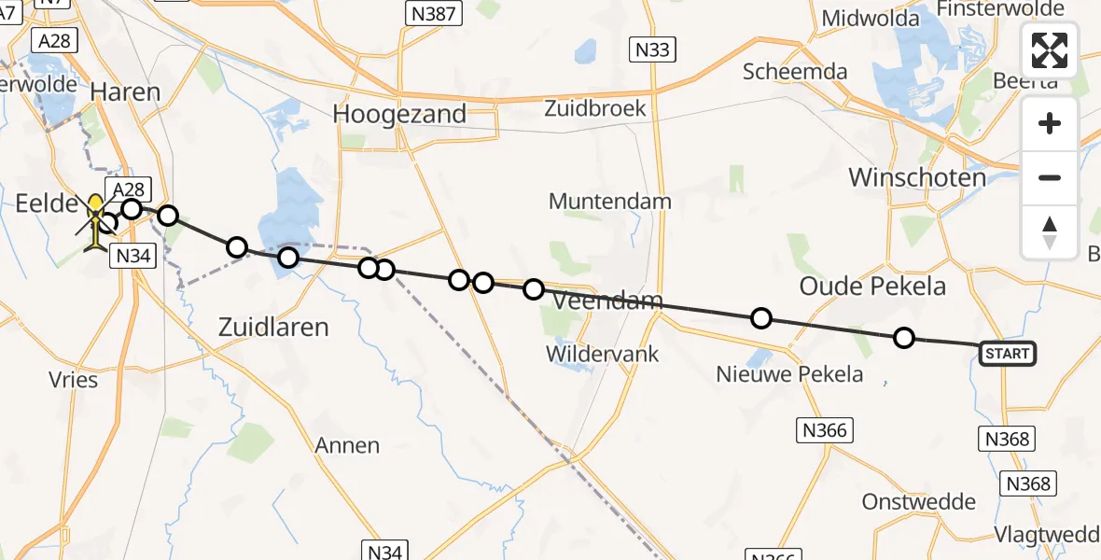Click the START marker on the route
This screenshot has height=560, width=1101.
pos(1007,353)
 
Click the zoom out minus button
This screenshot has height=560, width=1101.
pos(1050,177)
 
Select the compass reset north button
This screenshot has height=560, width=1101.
pos(1050,231)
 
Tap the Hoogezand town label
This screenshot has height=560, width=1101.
pos(399,114)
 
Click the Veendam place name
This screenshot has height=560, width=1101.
pos(608,301)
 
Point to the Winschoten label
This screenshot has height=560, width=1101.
pos(916,177)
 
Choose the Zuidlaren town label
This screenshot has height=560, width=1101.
pos(273,327)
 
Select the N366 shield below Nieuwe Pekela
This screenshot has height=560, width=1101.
pos(825,429)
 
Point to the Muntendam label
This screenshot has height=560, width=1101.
pos(610,201)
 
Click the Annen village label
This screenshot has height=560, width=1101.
pos(347,445)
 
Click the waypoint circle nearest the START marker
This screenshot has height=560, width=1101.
pos(903,338)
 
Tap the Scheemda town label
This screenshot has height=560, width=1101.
pos(795,72)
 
